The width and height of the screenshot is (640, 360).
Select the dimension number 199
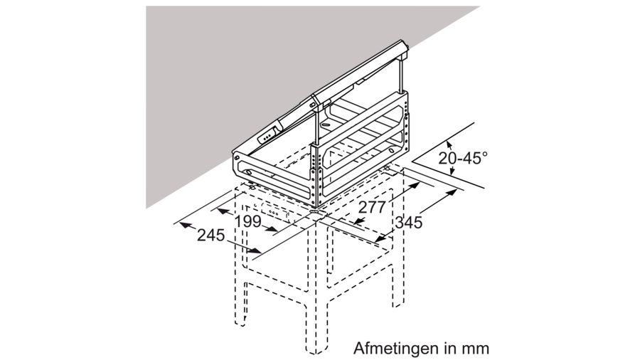(x=248, y=222)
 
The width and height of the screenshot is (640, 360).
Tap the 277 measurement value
(x=372, y=208)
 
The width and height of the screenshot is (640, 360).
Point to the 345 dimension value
(x=409, y=222)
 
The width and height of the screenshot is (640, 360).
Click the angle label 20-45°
(x=463, y=159)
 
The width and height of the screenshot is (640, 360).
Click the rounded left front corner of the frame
(x=240, y=168)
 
